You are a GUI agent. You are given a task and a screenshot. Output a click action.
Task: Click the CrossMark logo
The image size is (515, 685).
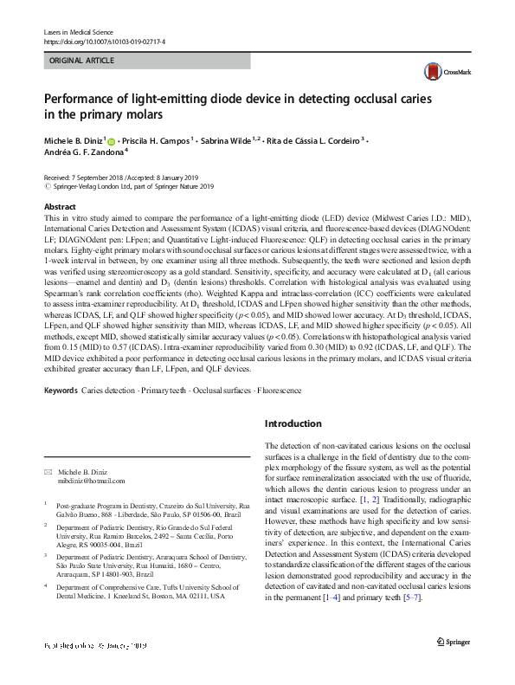(x=441, y=72)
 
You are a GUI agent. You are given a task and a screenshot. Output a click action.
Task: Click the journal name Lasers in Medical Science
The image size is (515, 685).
(x=80, y=31)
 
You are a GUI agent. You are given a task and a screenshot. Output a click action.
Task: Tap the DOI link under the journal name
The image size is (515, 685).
(x=104, y=41)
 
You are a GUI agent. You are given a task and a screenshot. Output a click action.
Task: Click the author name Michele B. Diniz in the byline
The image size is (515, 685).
(x=74, y=140)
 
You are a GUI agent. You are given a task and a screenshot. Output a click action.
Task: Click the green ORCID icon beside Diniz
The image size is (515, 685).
(x=112, y=140)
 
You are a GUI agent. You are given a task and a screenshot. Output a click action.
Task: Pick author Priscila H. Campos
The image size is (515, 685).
(x=152, y=140)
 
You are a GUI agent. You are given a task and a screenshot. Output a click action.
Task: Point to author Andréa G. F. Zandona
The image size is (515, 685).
(x=84, y=152)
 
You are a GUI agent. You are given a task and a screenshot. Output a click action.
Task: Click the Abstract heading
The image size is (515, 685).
(x=60, y=207)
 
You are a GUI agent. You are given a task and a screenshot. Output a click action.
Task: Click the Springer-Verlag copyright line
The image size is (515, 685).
(x=128, y=185)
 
